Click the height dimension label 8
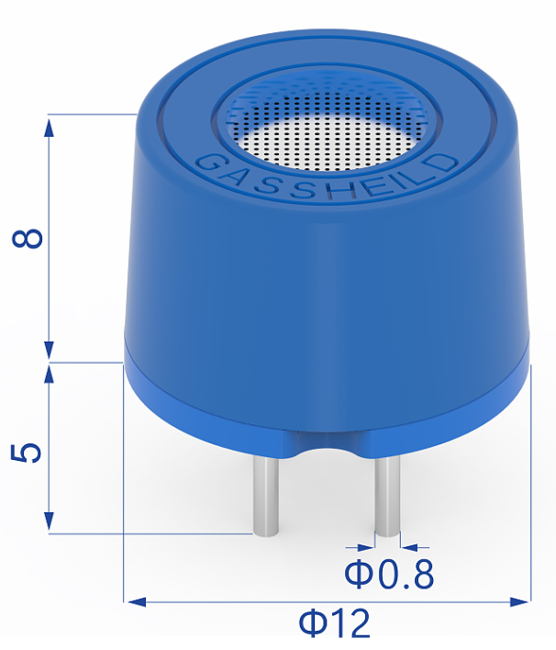coord(28,238)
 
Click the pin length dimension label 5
coord(28,453)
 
